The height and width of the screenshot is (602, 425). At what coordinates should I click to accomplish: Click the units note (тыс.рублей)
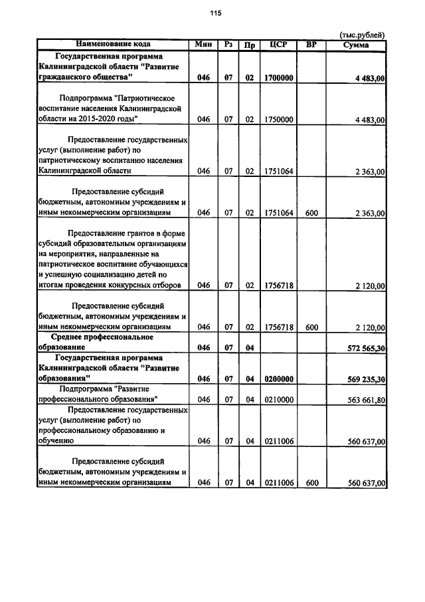(362, 35)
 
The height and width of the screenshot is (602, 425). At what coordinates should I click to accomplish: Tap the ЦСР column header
(278, 45)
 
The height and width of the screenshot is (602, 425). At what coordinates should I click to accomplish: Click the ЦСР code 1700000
(278, 78)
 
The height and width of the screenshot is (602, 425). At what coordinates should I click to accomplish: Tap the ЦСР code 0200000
(278, 379)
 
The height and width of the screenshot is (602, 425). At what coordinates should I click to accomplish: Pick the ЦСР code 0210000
(278, 400)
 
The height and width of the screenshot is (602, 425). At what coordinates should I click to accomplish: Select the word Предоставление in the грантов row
(95, 233)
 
